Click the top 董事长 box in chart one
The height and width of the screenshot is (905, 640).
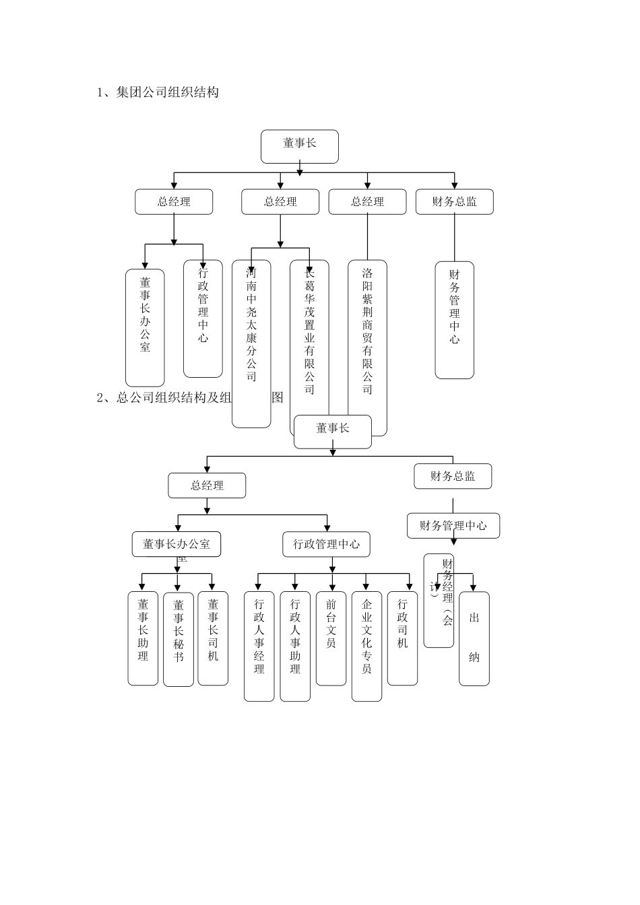[300, 147]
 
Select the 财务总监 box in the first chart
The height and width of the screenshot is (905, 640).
[454, 201]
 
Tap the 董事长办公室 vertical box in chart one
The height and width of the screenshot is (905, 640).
[145, 327]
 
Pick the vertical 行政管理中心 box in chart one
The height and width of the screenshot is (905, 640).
[203, 319]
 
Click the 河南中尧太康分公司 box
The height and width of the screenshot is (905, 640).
[251, 343]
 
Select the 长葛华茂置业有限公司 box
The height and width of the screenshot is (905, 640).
[309, 337]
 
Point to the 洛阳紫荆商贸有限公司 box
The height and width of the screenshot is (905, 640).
[367, 337]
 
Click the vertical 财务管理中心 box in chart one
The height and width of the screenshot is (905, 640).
[454, 319]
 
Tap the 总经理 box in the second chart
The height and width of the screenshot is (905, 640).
[207, 485]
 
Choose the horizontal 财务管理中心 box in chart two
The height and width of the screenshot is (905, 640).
[453, 526]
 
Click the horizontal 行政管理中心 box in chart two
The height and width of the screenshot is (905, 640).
[327, 544]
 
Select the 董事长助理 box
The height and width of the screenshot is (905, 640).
[143, 638]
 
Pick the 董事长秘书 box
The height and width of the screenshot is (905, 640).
[179, 638]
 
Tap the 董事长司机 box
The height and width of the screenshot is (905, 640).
[213, 638]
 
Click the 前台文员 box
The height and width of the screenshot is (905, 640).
[331, 638]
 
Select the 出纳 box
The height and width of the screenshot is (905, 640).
[474, 638]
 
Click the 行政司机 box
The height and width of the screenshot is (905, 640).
[402, 638]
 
